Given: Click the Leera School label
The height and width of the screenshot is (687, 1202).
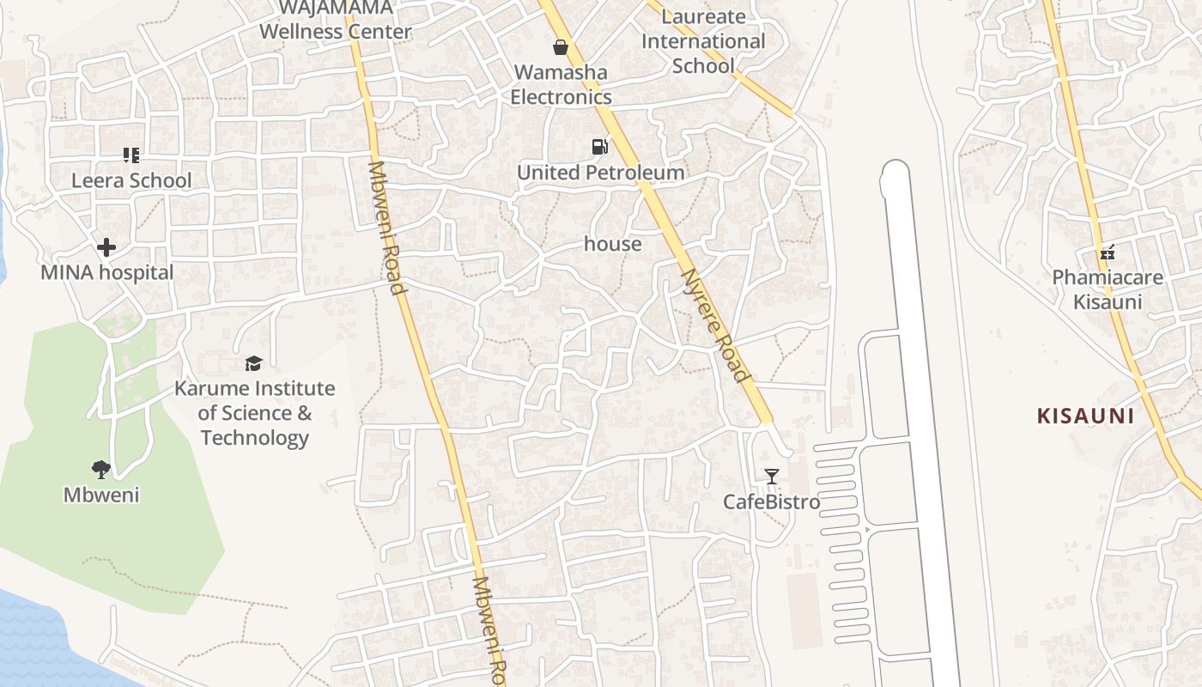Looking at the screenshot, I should [x=131, y=180].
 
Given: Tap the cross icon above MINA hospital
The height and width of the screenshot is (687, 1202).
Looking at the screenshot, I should [x=106, y=248].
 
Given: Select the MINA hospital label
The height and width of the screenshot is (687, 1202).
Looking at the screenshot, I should [x=107, y=273].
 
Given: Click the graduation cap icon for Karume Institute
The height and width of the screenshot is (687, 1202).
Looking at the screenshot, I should [x=253, y=364].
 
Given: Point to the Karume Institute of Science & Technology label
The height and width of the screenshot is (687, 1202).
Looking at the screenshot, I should [x=255, y=413].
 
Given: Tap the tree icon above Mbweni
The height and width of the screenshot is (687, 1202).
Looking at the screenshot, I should [x=101, y=470].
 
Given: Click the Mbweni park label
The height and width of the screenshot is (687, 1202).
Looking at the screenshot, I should [x=101, y=495].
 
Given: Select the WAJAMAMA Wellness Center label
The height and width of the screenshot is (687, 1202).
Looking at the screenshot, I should [x=336, y=21].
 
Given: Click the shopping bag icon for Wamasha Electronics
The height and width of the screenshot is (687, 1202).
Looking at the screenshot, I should [x=561, y=47].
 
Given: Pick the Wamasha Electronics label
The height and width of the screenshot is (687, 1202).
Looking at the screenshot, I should [x=562, y=84].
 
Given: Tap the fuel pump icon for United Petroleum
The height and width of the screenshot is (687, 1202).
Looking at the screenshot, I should [x=599, y=147].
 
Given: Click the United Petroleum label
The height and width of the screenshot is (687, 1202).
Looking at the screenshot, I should [x=601, y=173].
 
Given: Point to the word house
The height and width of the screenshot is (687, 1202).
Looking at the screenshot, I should [x=613, y=244].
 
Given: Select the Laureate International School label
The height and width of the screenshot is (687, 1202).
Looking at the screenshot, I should [x=703, y=41].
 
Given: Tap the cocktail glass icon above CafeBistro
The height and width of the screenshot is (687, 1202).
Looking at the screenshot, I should [x=772, y=477].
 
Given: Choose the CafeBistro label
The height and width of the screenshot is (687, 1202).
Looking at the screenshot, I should [x=772, y=502].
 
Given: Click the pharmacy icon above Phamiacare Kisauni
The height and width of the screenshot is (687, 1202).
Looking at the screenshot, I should [x=1108, y=252].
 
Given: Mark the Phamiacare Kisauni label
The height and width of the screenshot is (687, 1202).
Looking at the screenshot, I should [x=1108, y=289].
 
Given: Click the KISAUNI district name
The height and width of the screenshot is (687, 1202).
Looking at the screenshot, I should [x=1085, y=416].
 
